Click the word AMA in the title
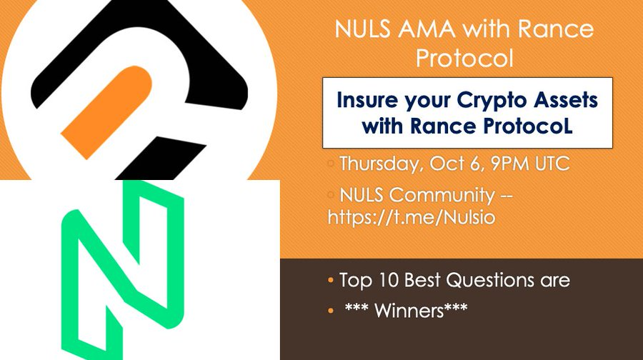(x=427, y=29)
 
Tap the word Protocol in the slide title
(x=464, y=59)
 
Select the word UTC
(x=553, y=164)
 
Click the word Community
(x=442, y=195)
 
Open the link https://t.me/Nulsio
(x=412, y=217)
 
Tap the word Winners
(x=409, y=311)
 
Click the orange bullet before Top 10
(x=331, y=281)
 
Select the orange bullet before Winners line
(x=331, y=311)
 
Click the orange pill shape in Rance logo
(x=107, y=111)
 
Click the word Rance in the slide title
(x=556, y=29)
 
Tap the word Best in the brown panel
(x=422, y=281)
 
